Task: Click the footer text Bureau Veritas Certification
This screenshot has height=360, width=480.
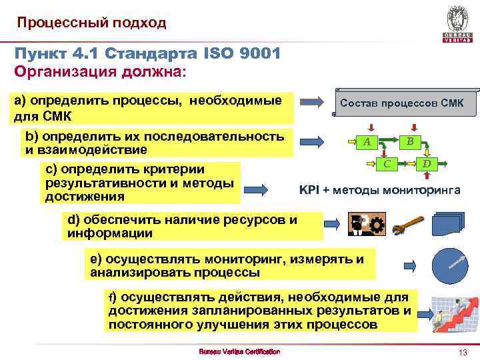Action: (x=240, y=351)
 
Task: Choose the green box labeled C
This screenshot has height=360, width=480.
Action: (x=386, y=163)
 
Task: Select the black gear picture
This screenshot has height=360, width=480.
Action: (x=365, y=225)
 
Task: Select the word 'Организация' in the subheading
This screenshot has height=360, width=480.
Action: (x=58, y=71)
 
